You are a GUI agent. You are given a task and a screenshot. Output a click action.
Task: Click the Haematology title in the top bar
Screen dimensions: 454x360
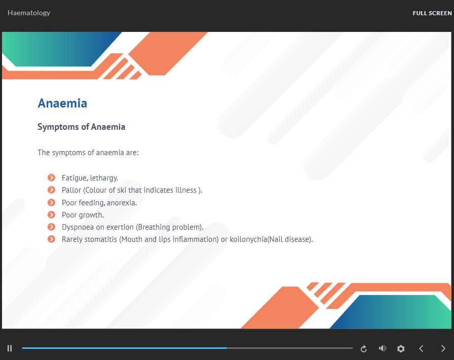point(29,13)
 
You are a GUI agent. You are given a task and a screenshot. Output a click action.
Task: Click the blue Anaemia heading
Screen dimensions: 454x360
point(62,103)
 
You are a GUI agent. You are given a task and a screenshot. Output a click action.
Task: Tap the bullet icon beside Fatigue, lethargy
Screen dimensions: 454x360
point(52,177)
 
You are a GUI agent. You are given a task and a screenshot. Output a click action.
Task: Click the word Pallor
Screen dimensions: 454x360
point(71,190)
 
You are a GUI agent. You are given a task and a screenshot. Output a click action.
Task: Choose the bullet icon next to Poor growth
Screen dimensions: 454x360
point(52,214)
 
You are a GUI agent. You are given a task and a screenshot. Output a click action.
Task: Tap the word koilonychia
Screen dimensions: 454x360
point(248,239)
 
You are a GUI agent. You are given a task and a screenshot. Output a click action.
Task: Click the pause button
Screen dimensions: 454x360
point(10,348)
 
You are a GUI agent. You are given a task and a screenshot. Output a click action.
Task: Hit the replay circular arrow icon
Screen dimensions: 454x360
point(364,349)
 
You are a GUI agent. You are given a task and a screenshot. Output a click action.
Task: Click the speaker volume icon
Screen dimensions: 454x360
point(383,348)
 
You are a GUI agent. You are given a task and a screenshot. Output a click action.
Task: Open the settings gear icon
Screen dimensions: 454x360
point(401,348)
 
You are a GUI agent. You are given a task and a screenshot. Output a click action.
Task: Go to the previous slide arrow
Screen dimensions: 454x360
point(421,348)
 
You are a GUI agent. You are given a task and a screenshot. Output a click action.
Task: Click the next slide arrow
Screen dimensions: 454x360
point(443,348)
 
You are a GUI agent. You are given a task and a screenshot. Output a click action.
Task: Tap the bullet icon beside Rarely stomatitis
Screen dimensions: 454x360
point(52,239)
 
